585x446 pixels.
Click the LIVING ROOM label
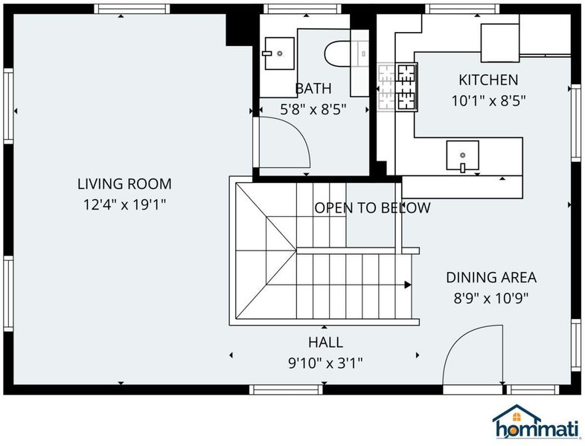pyautogui.click(x=124, y=184)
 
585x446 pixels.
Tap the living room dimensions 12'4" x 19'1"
pyautogui.click(x=124, y=204)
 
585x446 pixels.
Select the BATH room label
pyautogui.click(x=313, y=88)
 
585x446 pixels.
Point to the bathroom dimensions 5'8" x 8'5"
pyautogui.click(x=313, y=109)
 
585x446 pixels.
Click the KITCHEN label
pyautogui.click(x=488, y=80)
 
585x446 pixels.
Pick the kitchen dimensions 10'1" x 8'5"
pyautogui.click(x=489, y=100)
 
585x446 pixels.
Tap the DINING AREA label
pyautogui.click(x=491, y=277)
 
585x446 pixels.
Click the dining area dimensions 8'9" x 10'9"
pyautogui.click(x=491, y=298)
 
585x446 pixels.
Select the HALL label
pyautogui.click(x=326, y=343)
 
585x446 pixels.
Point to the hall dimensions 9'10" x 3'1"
pyautogui.click(x=326, y=363)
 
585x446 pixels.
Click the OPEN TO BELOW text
pyautogui.click(x=372, y=208)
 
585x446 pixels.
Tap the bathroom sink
pyautogui.click(x=279, y=54)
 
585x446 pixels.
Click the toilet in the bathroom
pyautogui.click(x=337, y=54)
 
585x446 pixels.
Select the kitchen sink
pyautogui.click(x=463, y=155)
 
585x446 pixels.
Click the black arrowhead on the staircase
pyautogui.click(x=408, y=285)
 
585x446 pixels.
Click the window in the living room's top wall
pyautogui.click(x=132, y=9)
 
